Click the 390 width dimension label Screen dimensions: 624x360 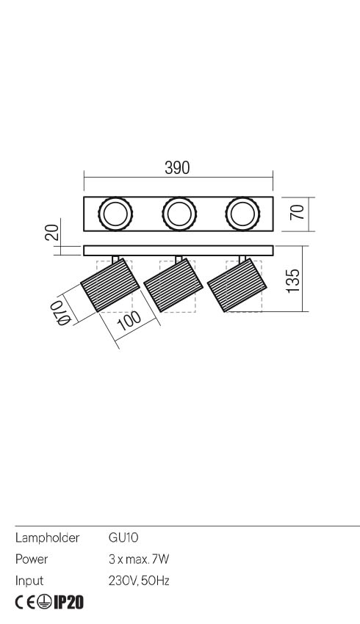(x=177, y=167)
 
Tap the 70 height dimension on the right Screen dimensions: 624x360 (x=298, y=214)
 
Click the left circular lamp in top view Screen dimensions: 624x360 (x=114, y=214)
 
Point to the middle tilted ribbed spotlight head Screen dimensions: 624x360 (x=173, y=285)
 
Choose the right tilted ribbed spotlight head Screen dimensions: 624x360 (x=236, y=285)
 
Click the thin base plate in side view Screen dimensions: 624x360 (x=178, y=250)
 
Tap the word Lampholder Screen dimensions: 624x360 (x=47, y=538)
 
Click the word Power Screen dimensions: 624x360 (x=32, y=559)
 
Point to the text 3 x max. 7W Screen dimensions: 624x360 (x=139, y=559)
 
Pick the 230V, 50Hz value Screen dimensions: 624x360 (x=139, y=581)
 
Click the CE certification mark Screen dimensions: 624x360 (x=25, y=603)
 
